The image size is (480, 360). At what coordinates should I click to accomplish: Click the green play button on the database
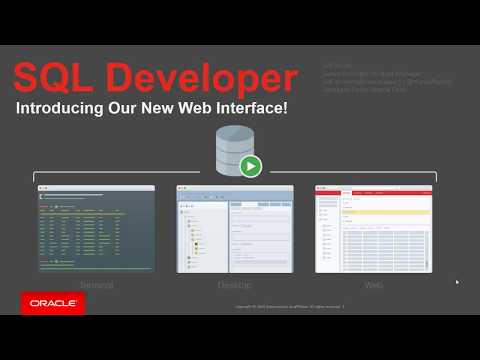[x=251, y=165]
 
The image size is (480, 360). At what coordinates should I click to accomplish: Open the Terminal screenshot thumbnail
[x=96, y=228]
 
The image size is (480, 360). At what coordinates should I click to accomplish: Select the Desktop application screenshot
[x=235, y=228]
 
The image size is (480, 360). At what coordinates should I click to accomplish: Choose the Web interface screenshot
[x=373, y=228]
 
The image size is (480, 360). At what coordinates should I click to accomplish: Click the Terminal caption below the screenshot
[x=96, y=285]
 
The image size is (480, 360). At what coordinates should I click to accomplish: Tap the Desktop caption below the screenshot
[x=235, y=285]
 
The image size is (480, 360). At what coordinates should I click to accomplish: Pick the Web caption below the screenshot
[x=373, y=285]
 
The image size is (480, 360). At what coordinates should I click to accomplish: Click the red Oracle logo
[x=52, y=302]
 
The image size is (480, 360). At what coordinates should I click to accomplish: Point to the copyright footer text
[x=290, y=308]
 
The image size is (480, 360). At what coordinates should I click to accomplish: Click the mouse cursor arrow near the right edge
[x=457, y=282]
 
